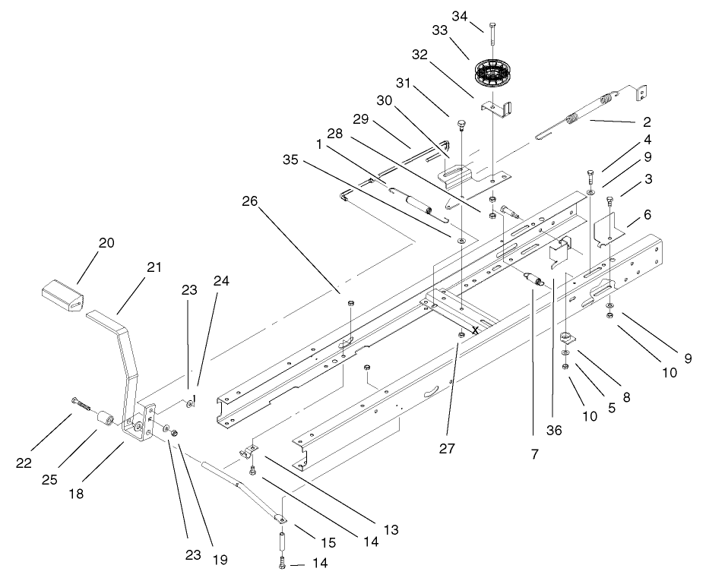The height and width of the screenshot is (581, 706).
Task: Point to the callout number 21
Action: (x=154, y=267)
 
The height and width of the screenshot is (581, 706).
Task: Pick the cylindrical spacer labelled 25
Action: (x=106, y=420)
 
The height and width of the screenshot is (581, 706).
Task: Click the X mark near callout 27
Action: (x=474, y=330)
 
